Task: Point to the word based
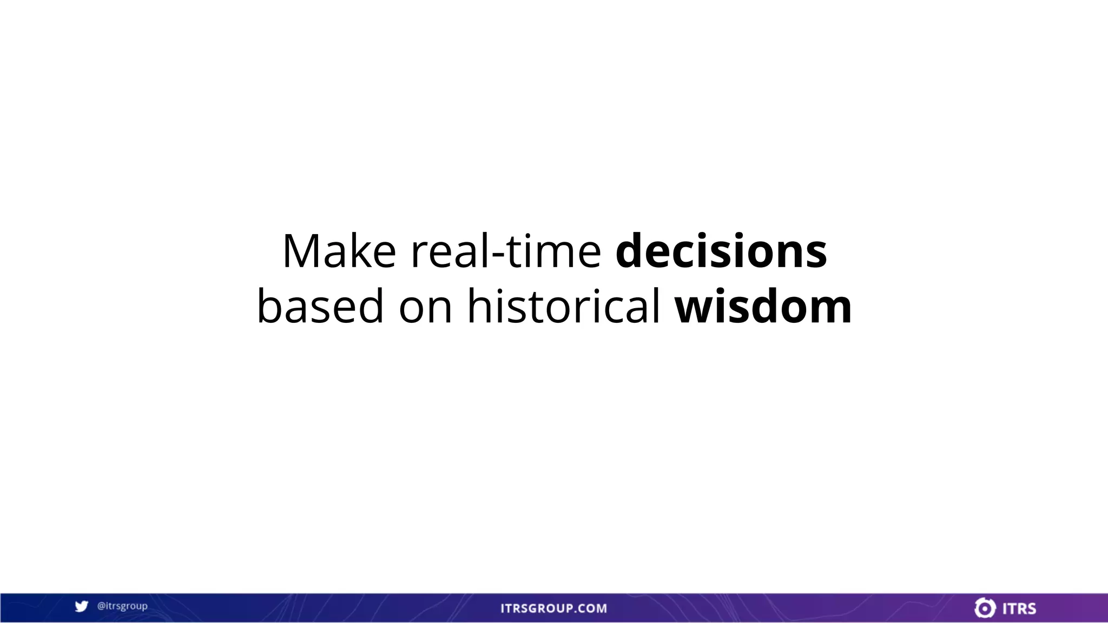point(320,306)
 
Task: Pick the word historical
point(563,306)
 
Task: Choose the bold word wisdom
point(763,306)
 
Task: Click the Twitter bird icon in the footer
point(81,607)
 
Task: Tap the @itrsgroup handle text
point(122,606)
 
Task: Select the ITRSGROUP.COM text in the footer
point(553,608)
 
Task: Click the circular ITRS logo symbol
point(985,608)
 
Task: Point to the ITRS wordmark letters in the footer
point(1019,608)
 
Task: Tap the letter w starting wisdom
point(697,309)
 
